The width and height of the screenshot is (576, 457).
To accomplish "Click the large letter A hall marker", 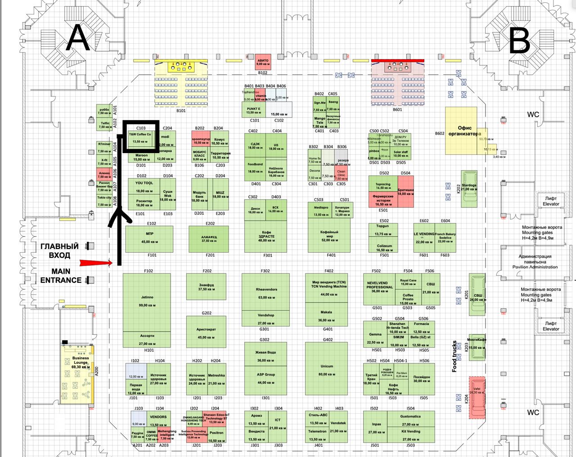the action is pos(78,38).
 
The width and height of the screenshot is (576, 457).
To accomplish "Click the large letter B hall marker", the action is pos(519,40).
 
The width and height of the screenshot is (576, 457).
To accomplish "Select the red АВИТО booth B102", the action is pos(263,62).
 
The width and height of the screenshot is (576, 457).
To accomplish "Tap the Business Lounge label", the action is pos(81,360).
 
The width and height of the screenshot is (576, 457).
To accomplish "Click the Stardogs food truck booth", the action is pos(469,188).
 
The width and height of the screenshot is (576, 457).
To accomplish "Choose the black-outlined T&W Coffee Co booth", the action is pos(141,137).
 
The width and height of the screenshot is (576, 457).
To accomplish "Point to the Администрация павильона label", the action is pos(535,262).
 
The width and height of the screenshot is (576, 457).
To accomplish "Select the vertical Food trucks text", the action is pos(455,356).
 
